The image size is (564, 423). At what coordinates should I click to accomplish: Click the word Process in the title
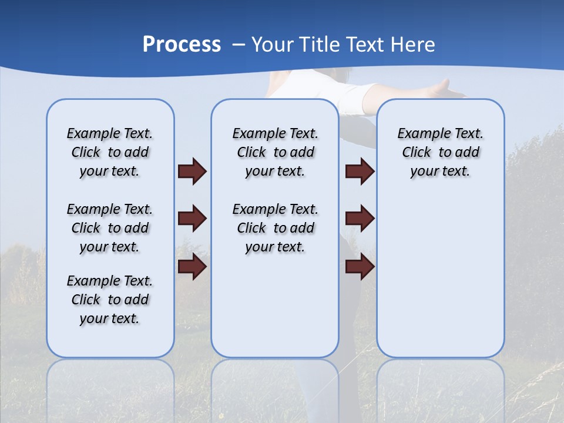pos(182,45)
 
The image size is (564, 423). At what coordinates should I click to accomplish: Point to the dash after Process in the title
pos(239,45)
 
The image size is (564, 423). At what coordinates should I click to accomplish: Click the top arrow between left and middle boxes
pos(192,171)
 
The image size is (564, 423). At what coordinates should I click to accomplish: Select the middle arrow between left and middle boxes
pos(192,219)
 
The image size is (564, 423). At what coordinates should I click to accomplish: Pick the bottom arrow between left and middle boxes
pos(192,267)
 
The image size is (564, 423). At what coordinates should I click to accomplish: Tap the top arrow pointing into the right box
pos(360,171)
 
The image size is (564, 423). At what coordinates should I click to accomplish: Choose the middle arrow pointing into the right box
pos(360,219)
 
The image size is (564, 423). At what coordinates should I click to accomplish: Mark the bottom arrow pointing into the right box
pos(360,267)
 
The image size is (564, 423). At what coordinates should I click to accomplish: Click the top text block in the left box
pos(110,152)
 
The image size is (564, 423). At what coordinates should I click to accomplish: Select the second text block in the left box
pos(110,228)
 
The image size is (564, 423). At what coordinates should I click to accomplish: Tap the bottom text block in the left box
pos(110,300)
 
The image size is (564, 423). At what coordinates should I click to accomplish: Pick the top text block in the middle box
pos(275,152)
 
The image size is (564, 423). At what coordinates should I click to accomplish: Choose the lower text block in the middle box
pos(275,228)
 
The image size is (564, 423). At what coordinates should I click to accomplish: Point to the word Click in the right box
pos(417,153)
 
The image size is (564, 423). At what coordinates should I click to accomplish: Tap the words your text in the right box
pos(440,172)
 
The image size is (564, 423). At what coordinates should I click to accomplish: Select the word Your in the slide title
pos(272,45)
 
